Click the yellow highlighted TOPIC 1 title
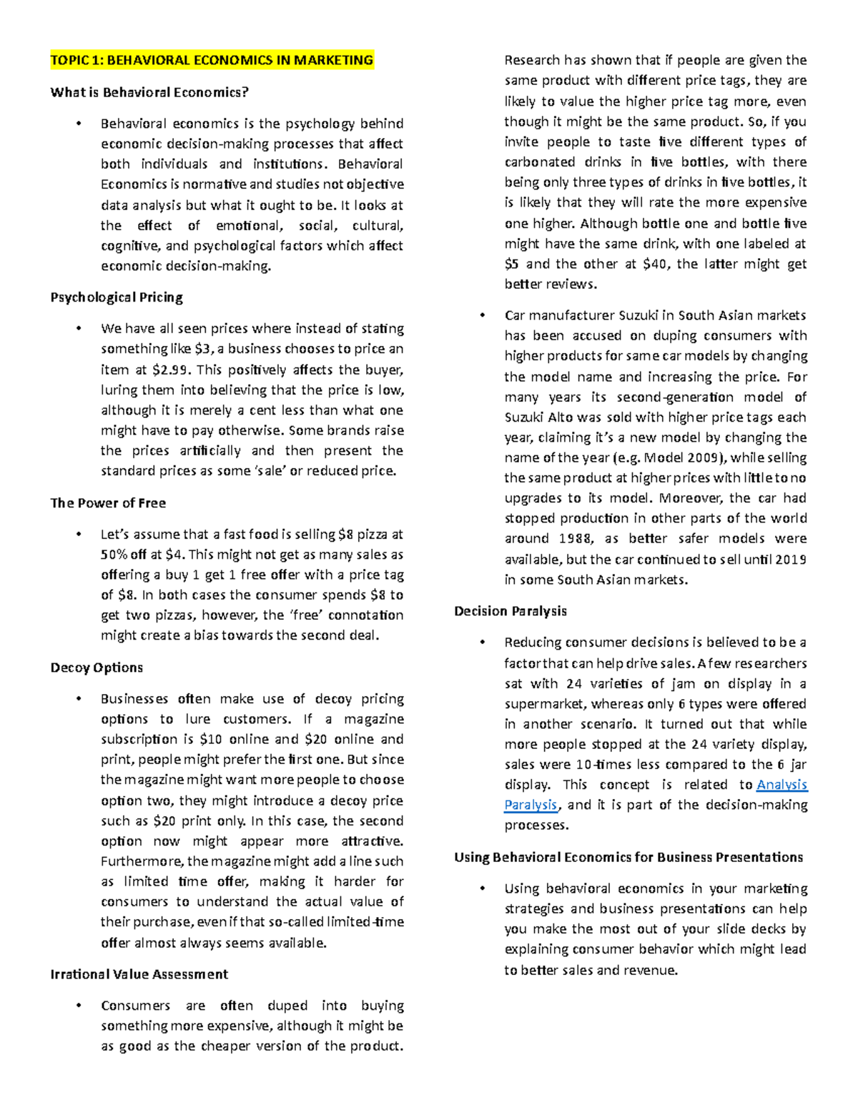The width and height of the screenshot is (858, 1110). click(x=212, y=60)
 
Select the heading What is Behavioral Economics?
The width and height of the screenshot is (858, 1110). click(x=149, y=92)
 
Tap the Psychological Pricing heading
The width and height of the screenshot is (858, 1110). click(x=117, y=297)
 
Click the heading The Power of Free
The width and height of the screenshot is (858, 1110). click(x=108, y=503)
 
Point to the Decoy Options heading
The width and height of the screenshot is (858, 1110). click(x=97, y=668)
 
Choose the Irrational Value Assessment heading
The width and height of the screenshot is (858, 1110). click(x=139, y=974)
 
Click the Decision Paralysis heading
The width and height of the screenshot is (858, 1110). click(x=511, y=611)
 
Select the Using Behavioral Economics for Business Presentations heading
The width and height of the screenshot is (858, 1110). click(x=628, y=857)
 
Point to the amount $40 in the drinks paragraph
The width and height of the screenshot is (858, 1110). click(x=656, y=264)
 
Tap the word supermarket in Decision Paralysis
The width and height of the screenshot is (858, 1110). click(x=544, y=704)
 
